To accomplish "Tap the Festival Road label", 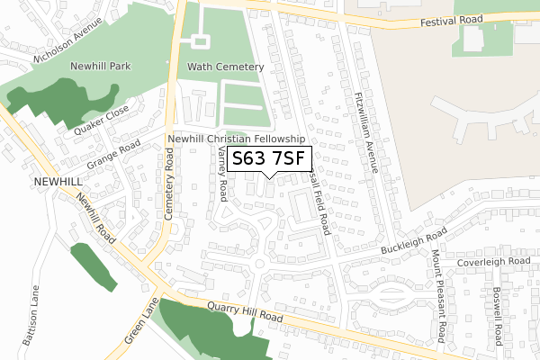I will click(453, 20).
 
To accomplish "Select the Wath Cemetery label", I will click(225, 67).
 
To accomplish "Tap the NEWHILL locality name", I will click(33, 181).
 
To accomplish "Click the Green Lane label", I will click(140, 321).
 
